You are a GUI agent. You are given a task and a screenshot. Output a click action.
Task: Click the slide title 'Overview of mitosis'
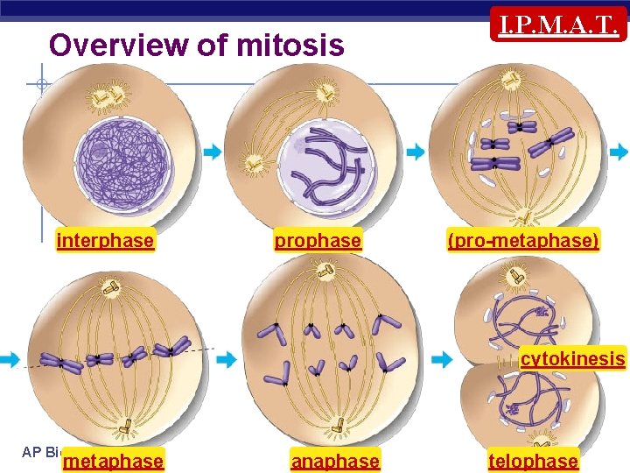tap(197, 45)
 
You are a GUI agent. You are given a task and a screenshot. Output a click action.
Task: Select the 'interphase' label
tap(105, 240)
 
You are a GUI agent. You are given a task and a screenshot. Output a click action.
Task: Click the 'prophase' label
tap(318, 240)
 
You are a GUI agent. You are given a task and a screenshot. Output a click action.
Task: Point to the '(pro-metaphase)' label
tap(523, 240)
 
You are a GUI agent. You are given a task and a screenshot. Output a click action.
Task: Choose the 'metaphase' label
tap(114, 461)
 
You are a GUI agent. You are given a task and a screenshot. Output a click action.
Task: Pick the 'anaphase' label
tap(335, 461)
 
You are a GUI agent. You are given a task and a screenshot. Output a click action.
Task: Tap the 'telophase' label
tap(533, 461)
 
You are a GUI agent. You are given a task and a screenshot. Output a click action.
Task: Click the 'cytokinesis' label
tap(573, 358)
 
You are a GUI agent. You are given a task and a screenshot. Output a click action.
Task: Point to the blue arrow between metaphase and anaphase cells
tap(226, 359)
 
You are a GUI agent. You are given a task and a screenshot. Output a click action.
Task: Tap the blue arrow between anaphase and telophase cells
tap(443, 359)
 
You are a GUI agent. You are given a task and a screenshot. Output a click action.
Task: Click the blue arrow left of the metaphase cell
tap(10, 359)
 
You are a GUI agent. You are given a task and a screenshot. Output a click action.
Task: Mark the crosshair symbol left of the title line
tap(42, 85)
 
